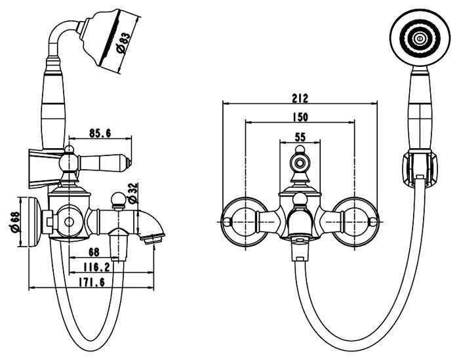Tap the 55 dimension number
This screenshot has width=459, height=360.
pyautogui.click(x=300, y=137)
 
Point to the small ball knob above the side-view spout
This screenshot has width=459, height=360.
pyautogui.click(x=119, y=197)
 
